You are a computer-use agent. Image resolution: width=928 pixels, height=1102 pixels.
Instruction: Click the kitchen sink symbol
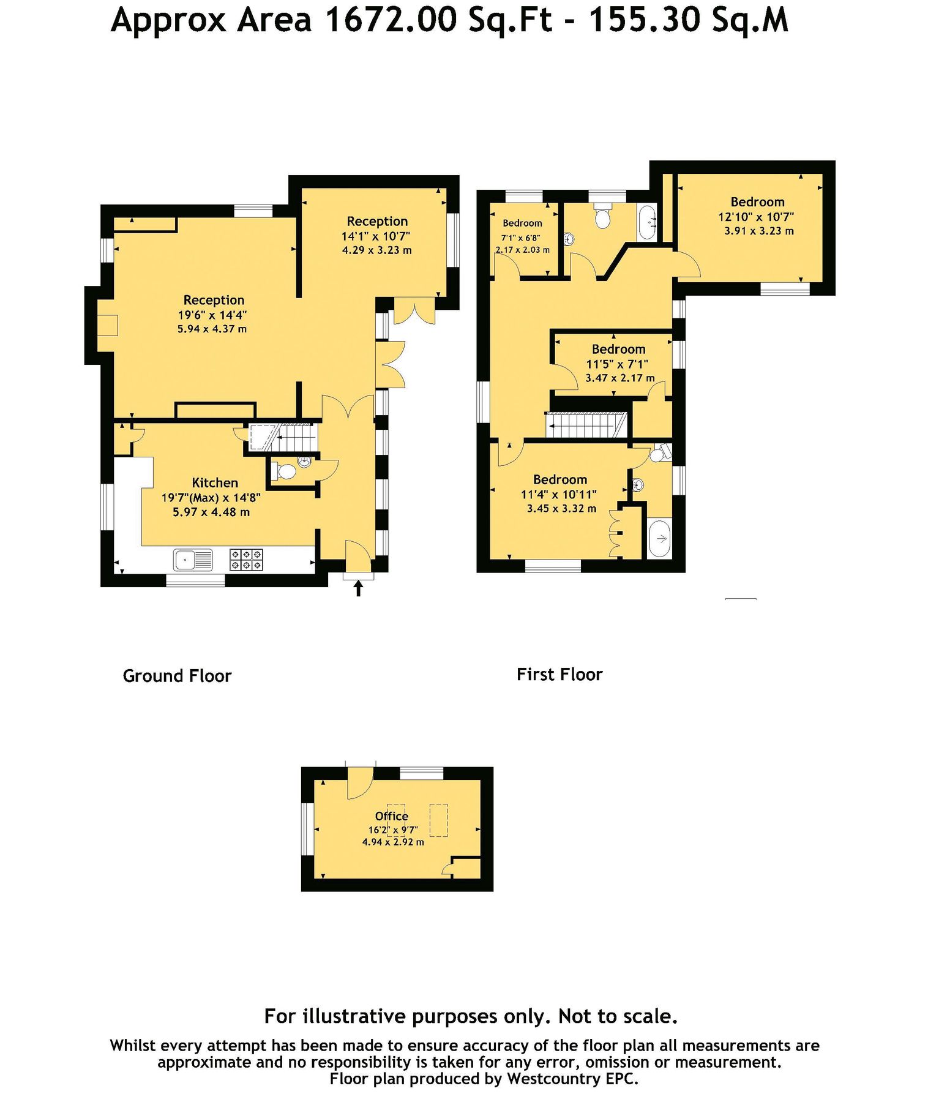tap(193, 560)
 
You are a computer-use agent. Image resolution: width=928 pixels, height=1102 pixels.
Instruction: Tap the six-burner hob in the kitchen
tap(246, 560)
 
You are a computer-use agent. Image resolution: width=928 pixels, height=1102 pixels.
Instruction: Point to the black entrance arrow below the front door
tap(359, 588)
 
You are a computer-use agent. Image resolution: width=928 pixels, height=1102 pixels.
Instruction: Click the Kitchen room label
tap(215, 482)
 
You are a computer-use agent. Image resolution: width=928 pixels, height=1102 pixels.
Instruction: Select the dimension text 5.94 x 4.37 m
tap(212, 329)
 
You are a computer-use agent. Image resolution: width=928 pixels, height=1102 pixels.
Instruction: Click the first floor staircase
tap(586, 425)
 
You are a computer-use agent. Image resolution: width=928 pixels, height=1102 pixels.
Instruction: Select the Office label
tap(391, 816)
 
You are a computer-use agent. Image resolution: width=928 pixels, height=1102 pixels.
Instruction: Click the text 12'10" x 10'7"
tap(756, 217)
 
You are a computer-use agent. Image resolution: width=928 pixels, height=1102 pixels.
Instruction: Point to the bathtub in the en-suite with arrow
tap(659, 538)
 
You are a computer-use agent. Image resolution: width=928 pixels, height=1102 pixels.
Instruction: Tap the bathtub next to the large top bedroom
tap(647, 223)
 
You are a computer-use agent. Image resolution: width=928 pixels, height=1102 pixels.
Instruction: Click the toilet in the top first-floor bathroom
tap(603, 217)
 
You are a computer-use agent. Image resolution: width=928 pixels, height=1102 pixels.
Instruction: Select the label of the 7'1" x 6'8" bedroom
tap(522, 223)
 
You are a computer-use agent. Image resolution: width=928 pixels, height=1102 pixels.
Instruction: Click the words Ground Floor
tap(177, 676)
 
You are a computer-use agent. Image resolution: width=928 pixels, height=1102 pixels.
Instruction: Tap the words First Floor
tap(559, 675)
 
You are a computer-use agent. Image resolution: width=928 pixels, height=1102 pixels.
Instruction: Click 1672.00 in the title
tap(391, 20)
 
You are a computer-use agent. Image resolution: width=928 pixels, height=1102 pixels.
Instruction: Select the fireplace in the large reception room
tap(108, 325)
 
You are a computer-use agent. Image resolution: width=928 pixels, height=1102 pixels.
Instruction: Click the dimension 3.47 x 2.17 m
tap(619, 378)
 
